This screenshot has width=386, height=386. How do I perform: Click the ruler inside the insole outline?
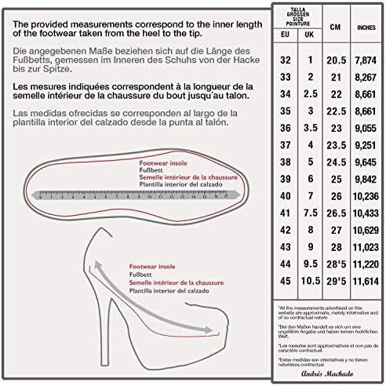133,191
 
